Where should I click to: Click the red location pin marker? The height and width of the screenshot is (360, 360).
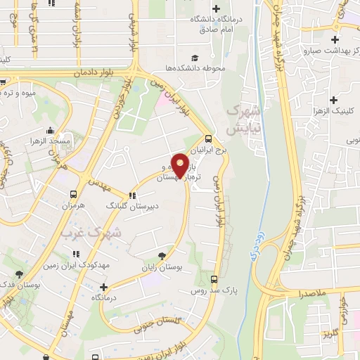click(181, 165)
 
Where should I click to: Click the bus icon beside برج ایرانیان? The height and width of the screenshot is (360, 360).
click(207, 139)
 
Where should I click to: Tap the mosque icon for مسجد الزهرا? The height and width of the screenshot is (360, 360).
click(50, 131)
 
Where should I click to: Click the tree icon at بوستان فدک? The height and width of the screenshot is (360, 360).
click(19, 274)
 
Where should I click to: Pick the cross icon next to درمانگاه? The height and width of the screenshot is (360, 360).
click(104, 287)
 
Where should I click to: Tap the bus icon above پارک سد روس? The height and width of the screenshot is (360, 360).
click(214, 279)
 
